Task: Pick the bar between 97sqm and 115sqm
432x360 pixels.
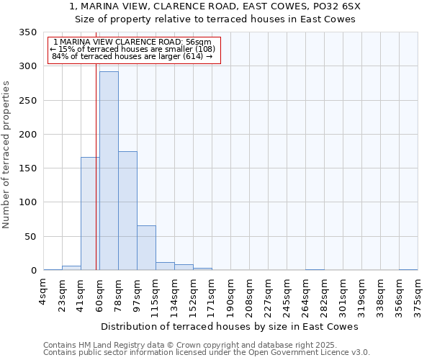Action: click(x=146, y=248)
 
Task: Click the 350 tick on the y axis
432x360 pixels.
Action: click(x=28, y=32)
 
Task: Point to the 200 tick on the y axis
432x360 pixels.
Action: click(x=28, y=135)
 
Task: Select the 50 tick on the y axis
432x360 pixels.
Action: click(x=31, y=237)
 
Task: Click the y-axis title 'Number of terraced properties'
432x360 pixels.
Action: click(x=8, y=155)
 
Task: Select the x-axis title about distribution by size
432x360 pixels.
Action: click(x=229, y=326)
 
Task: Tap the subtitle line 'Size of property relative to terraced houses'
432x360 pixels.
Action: click(x=216, y=19)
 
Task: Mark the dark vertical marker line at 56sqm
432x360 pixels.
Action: click(x=96, y=144)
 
